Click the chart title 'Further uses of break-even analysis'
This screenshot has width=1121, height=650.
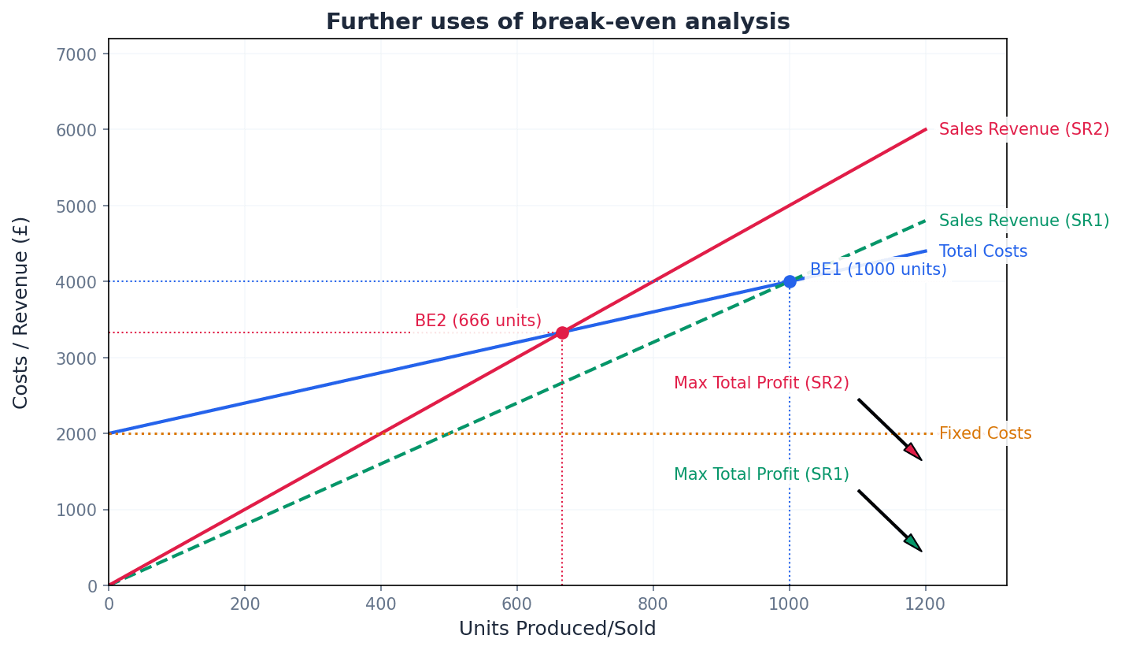tap(557, 22)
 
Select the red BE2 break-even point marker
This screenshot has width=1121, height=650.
tap(562, 332)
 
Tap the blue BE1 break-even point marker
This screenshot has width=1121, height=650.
tap(790, 281)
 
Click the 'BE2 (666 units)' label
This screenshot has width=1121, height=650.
tap(478, 321)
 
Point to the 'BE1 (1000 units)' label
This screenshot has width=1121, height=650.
tap(878, 269)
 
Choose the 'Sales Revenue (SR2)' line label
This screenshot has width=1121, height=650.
tap(1023, 129)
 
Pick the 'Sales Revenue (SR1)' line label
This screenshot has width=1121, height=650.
tap(1023, 221)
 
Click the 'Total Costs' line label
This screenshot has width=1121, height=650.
tap(982, 251)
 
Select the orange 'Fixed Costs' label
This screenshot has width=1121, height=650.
tap(985, 433)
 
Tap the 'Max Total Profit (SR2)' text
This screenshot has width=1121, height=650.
tap(761, 383)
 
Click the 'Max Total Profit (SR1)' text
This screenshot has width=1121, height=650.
tap(761, 474)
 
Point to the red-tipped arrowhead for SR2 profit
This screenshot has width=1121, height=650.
tap(913, 452)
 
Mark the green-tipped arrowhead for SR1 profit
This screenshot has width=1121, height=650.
tap(913, 543)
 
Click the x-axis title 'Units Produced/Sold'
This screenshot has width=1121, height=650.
tap(557, 629)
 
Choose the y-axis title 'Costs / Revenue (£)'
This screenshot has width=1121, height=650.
tap(21, 312)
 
